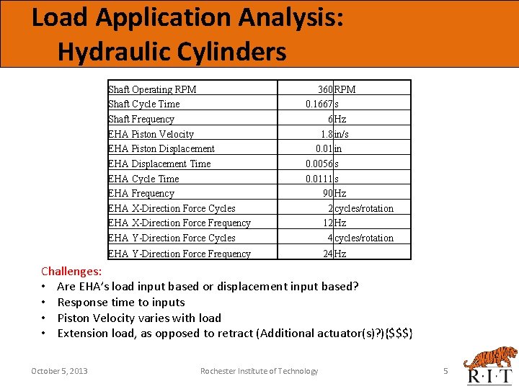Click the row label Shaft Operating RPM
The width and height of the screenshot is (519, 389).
(x=152, y=89)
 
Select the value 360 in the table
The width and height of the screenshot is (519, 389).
(x=325, y=89)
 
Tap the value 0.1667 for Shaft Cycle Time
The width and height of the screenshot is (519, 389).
(x=319, y=104)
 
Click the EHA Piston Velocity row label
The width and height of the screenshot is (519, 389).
(x=151, y=134)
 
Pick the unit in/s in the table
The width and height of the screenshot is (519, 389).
(x=342, y=134)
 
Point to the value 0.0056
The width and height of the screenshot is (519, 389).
(x=319, y=164)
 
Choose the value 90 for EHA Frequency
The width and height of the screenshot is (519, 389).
(x=327, y=193)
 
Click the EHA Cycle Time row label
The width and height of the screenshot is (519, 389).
(x=143, y=179)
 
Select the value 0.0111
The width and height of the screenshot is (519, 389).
(x=319, y=179)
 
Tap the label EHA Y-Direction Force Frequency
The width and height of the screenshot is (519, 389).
(x=179, y=253)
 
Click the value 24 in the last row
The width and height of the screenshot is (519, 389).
(x=327, y=253)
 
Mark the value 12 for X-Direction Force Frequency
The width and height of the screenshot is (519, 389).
(x=327, y=223)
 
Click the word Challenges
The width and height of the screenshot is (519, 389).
(x=71, y=272)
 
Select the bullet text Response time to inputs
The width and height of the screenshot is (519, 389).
(x=121, y=303)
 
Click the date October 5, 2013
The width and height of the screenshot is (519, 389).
(x=59, y=371)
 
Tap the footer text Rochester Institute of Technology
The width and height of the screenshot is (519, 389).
(x=259, y=371)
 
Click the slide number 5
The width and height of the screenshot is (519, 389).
(x=445, y=371)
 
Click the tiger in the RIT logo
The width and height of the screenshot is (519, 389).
(x=491, y=357)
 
